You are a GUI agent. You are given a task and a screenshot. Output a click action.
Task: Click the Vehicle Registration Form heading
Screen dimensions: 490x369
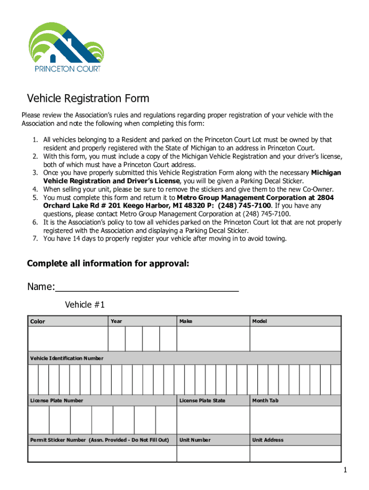[88, 99]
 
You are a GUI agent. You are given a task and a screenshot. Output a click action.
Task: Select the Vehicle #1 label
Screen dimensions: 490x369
[85, 305]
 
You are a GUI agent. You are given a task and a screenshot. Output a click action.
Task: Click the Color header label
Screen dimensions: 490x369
[38, 322]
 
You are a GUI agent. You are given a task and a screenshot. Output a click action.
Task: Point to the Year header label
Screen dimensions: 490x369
[116, 321]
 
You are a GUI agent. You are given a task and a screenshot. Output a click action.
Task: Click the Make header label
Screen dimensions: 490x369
[186, 321]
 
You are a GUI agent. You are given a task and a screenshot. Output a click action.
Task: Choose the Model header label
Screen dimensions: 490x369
[260, 321]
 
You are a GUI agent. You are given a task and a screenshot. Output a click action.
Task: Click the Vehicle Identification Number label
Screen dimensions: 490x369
[67, 358]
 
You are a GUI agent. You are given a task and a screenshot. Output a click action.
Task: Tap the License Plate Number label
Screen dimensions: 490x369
[57, 401]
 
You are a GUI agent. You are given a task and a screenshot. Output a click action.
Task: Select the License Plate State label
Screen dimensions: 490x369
[202, 401]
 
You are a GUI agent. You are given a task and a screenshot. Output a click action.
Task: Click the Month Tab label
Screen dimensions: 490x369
[265, 401]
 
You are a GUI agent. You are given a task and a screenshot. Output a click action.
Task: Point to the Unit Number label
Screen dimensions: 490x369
[195, 440]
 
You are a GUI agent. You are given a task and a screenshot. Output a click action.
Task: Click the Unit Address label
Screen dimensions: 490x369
[268, 440]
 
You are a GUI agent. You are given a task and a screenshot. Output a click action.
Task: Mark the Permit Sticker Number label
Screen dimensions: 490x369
[100, 440]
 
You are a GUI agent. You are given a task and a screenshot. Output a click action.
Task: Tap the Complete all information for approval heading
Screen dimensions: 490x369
[108, 264]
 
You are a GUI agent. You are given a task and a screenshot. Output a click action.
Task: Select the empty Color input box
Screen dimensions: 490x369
[68, 339]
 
